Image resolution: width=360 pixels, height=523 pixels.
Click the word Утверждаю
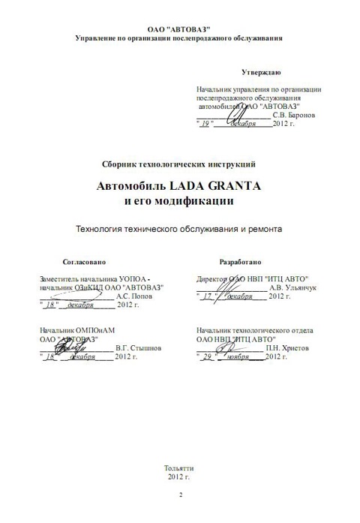pos(261,72)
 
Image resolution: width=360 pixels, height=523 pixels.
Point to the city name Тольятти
pos(180,468)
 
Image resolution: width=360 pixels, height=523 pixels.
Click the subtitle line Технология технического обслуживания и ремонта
pos(179,230)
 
